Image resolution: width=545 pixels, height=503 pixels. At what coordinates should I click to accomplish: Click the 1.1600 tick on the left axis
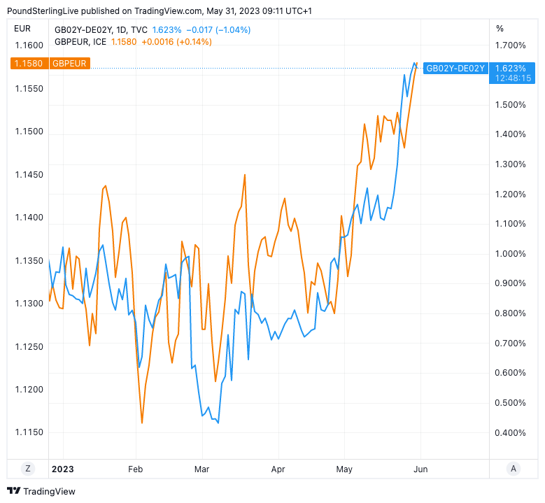(29, 45)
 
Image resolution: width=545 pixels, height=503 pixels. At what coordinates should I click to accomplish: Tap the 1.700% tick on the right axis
(510, 45)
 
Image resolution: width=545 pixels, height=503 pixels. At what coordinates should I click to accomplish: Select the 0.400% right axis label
(510, 432)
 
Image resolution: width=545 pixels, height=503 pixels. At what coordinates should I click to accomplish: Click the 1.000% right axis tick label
(510, 253)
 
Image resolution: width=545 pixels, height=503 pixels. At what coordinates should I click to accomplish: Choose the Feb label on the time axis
(135, 469)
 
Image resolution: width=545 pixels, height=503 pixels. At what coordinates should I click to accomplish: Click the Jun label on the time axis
(421, 469)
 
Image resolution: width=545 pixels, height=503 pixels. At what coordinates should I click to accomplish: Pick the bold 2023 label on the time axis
(62, 469)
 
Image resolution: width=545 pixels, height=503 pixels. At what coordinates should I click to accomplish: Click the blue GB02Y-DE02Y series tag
(455, 68)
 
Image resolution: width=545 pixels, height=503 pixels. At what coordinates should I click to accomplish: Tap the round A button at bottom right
(514, 469)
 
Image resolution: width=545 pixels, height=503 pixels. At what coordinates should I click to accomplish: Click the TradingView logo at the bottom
(41, 491)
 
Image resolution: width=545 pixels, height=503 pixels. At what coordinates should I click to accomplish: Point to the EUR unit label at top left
(22, 29)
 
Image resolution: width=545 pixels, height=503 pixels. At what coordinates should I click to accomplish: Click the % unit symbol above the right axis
(500, 29)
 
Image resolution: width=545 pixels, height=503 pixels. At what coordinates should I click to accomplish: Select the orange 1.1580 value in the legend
(124, 42)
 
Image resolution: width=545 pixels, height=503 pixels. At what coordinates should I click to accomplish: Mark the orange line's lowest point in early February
(142, 423)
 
